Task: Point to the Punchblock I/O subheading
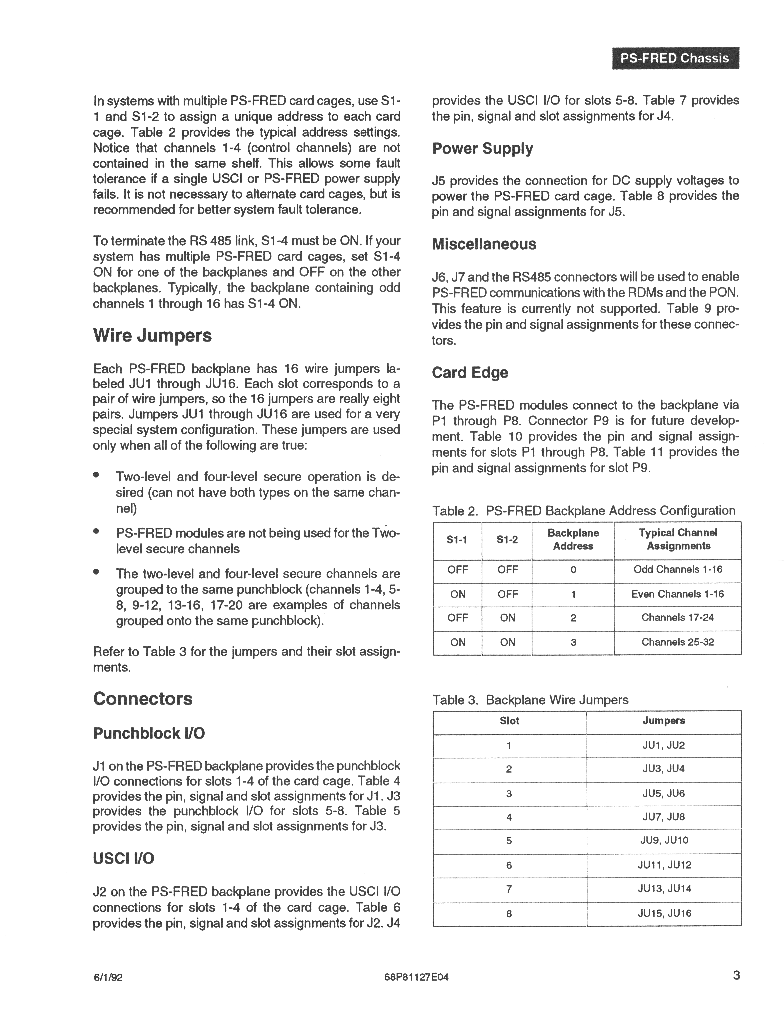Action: point(148,734)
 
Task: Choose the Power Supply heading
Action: point(482,148)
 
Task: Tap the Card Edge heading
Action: point(470,373)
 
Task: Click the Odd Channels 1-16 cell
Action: point(678,570)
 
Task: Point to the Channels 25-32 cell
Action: point(678,642)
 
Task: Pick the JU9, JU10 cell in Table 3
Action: point(663,841)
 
